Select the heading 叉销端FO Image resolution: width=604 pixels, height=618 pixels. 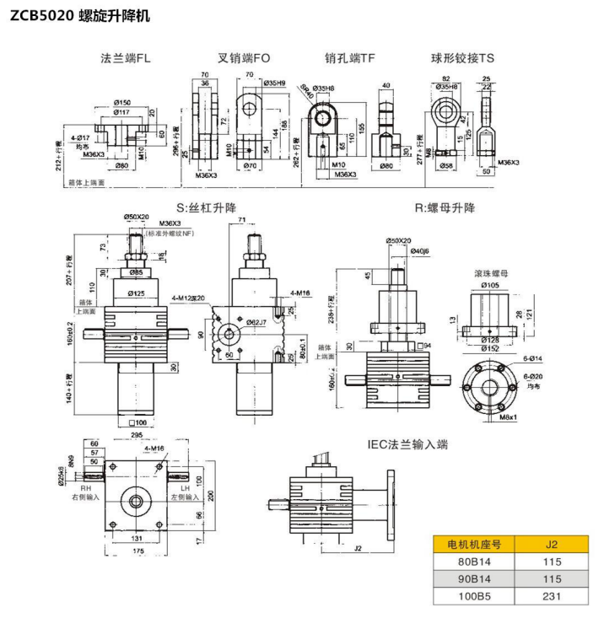coord(244,58)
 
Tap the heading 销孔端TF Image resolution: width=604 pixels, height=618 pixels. coord(350,58)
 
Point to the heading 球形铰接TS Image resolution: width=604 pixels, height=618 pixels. coord(462,58)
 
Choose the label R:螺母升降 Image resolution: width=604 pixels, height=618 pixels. coord(445,207)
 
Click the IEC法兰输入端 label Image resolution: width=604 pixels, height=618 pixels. coord(407,444)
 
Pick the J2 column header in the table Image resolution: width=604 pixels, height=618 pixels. coord(551,544)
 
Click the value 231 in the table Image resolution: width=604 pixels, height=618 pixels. coord(551,595)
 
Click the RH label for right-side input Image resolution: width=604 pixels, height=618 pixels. coord(85,488)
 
